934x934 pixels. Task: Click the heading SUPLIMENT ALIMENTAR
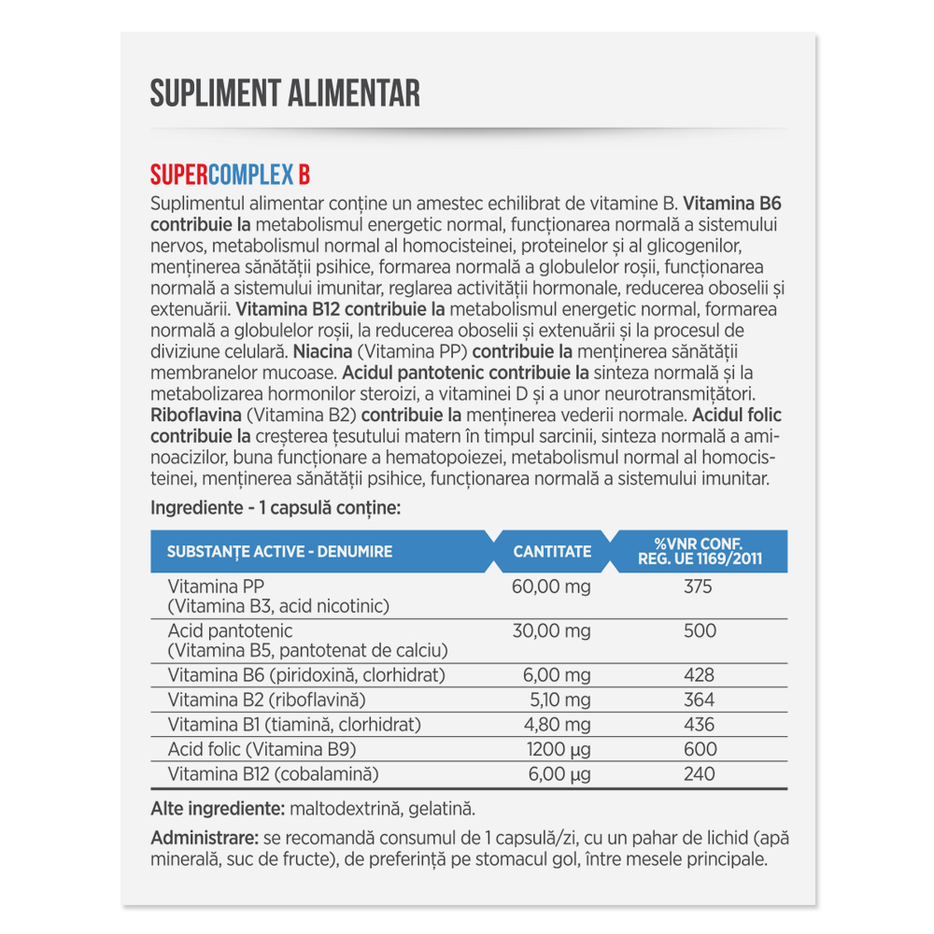coord(285,93)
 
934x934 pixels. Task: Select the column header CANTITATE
coord(552,551)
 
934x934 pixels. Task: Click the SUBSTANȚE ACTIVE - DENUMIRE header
coord(279,551)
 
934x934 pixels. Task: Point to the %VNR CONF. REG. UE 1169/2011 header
coord(699,551)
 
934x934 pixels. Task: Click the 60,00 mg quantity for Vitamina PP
coord(552,587)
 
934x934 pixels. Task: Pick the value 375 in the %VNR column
coord(699,587)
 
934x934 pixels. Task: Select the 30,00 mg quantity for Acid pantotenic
coord(552,630)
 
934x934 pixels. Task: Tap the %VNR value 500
coord(699,630)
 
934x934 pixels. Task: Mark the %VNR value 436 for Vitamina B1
coord(699,724)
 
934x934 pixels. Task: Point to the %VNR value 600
coord(699,749)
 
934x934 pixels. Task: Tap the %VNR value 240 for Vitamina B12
coord(699,773)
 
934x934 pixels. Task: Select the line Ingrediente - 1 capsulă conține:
coord(276,509)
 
